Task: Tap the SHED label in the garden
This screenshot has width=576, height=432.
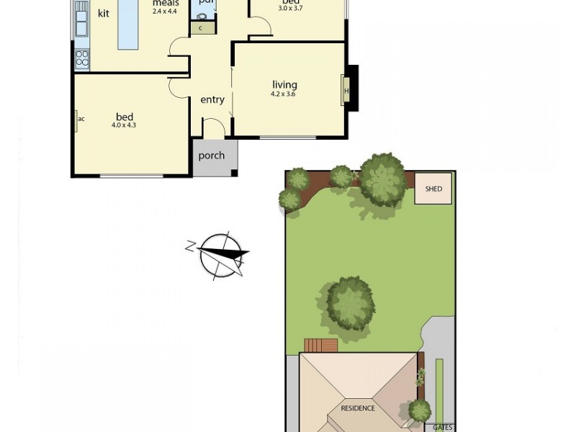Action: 433,189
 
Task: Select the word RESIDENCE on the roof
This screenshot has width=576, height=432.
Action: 358,408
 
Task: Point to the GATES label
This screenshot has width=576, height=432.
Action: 443,427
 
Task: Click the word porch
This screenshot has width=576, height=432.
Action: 212,156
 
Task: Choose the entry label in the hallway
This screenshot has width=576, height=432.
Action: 212,100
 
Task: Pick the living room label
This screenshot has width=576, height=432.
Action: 284,85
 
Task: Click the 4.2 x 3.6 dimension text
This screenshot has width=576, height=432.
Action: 284,94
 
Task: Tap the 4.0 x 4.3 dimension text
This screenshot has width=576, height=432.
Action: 124,125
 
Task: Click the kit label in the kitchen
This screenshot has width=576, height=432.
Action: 104,14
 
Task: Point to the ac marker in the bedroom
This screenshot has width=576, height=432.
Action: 81,119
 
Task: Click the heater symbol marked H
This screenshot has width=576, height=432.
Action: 346,91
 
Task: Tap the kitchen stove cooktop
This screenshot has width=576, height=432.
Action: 82,58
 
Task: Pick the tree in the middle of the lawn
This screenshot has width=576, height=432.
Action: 351,303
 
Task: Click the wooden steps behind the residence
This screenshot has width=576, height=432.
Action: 320,346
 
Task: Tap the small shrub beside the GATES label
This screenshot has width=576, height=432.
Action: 420,410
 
